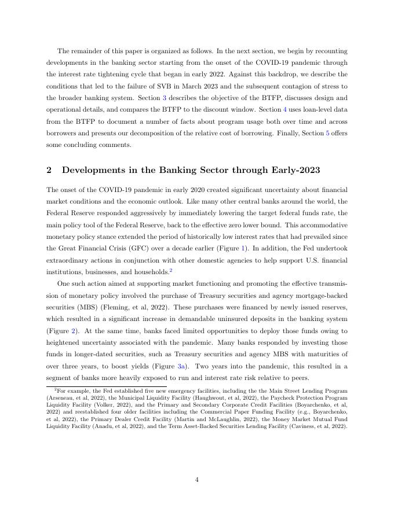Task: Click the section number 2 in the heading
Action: (48, 170)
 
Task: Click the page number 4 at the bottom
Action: (197, 479)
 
